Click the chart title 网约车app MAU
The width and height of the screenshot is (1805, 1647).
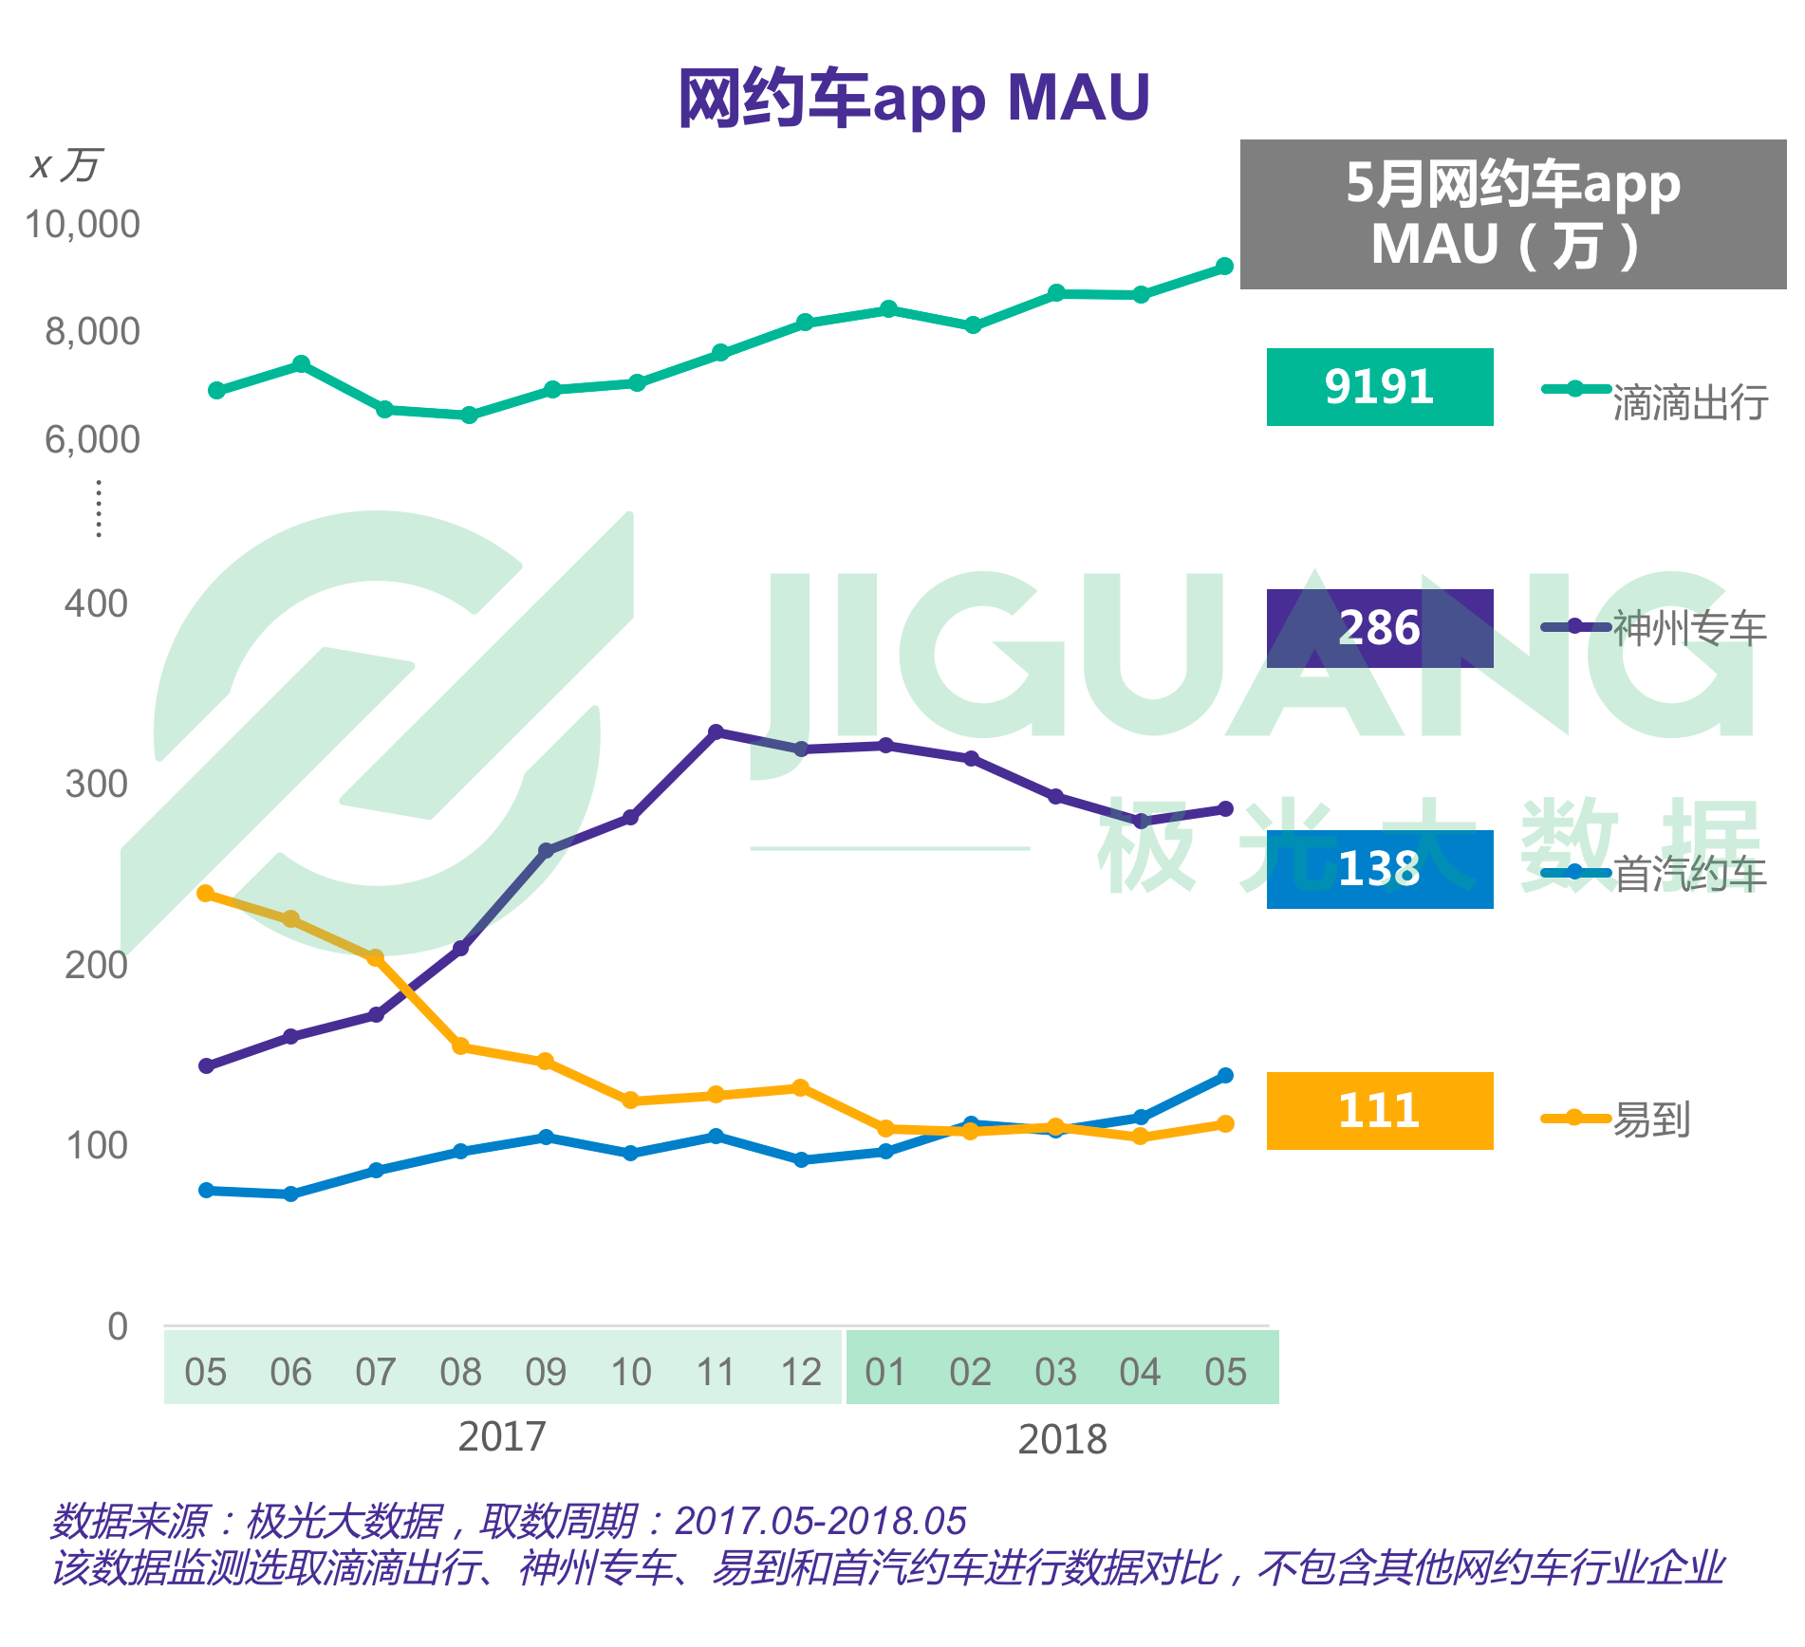pos(913,99)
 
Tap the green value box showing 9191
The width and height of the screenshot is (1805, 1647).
pos(1379,387)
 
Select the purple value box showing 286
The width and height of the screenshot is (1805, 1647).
pos(1379,628)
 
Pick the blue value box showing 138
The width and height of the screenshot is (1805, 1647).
pos(1379,869)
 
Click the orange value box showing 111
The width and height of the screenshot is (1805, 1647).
pos(1379,1111)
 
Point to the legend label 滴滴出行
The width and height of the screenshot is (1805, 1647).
pos(1690,403)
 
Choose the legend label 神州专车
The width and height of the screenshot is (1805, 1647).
pos(1689,629)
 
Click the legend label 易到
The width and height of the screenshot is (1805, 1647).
pos(1652,1120)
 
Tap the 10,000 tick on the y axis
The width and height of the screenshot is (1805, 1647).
pos(83,225)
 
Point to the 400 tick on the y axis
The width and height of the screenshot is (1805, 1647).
pos(96,604)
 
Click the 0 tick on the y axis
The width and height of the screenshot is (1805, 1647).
pos(118,1326)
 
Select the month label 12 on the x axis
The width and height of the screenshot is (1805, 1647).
pos(800,1372)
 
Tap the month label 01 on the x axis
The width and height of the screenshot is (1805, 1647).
pos(885,1372)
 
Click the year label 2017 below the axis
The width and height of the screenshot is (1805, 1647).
pos(502,1436)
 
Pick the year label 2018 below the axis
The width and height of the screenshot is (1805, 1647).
pos(1062,1440)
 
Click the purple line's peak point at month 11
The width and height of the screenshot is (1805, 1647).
pos(716,732)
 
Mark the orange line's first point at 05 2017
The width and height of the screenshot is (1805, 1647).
pos(206,894)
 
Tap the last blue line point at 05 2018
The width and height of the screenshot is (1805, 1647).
pos(1225,1076)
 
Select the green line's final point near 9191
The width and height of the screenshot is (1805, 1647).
pos(1225,267)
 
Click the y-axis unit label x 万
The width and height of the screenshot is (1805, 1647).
pos(65,165)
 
